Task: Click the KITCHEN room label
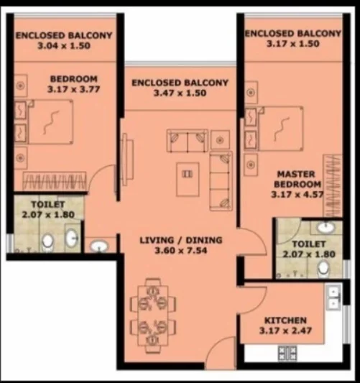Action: [x=285, y=320]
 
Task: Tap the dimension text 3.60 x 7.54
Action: [x=181, y=251]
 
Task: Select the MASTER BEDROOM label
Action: [x=297, y=179]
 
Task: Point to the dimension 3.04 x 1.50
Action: [x=64, y=46]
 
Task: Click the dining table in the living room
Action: [x=153, y=315]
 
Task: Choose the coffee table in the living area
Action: [x=188, y=180]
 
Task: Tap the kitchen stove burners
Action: [x=287, y=353]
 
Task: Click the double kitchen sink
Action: [x=333, y=297]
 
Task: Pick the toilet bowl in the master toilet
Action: [x=324, y=269]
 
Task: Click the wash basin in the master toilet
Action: [x=326, y=227]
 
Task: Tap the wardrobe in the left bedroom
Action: [x=55, y=181]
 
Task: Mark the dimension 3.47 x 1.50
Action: [x=180, y=93]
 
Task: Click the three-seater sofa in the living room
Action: [x=221, y=181]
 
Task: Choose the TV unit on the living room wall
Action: [x=127, y=160]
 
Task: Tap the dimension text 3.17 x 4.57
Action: [x=297, y=195]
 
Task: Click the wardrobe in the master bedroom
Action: [x=333, y=185]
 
